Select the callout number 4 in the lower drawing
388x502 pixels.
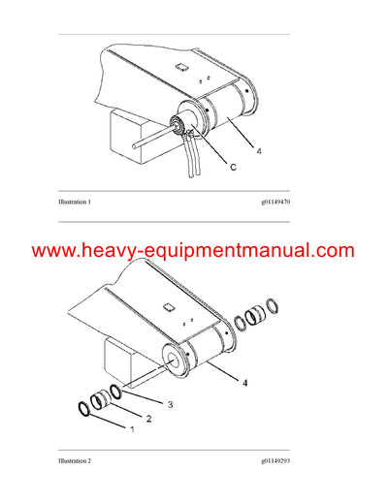click(x=244, y=383)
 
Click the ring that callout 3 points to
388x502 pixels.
click(x=115, y=391)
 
